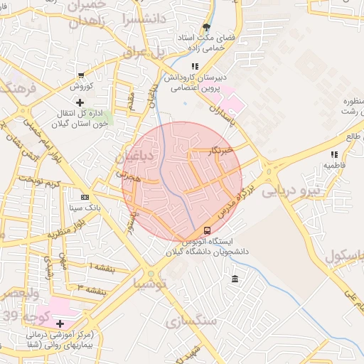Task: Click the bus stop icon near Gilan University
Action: coord(207,230)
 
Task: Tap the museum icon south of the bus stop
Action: coord(235,278)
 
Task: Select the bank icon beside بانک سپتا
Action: coord(85,197)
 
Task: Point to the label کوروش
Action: coord(81,87)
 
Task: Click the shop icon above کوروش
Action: coord(81,75)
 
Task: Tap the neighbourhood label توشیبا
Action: coord(151,283)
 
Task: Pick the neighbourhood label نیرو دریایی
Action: coord(292,191)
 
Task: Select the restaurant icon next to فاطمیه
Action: coord(333,154)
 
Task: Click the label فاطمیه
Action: coord(334,165)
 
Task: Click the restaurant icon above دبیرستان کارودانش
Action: coord(194,66)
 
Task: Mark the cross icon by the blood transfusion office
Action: coord(79,103)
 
